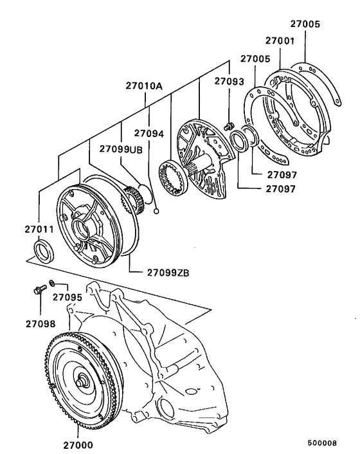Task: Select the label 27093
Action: [x=230, y=82]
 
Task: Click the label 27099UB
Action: [x=121, y=149]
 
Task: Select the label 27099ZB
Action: [x=166, y=272]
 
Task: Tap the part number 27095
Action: [x=67, y=297]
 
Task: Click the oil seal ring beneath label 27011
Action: [x=44, y=250]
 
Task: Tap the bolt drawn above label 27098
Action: [x=39, y=290]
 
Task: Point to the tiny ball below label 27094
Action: [x=156, y=208]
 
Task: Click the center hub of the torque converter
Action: [x=83, y=383]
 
